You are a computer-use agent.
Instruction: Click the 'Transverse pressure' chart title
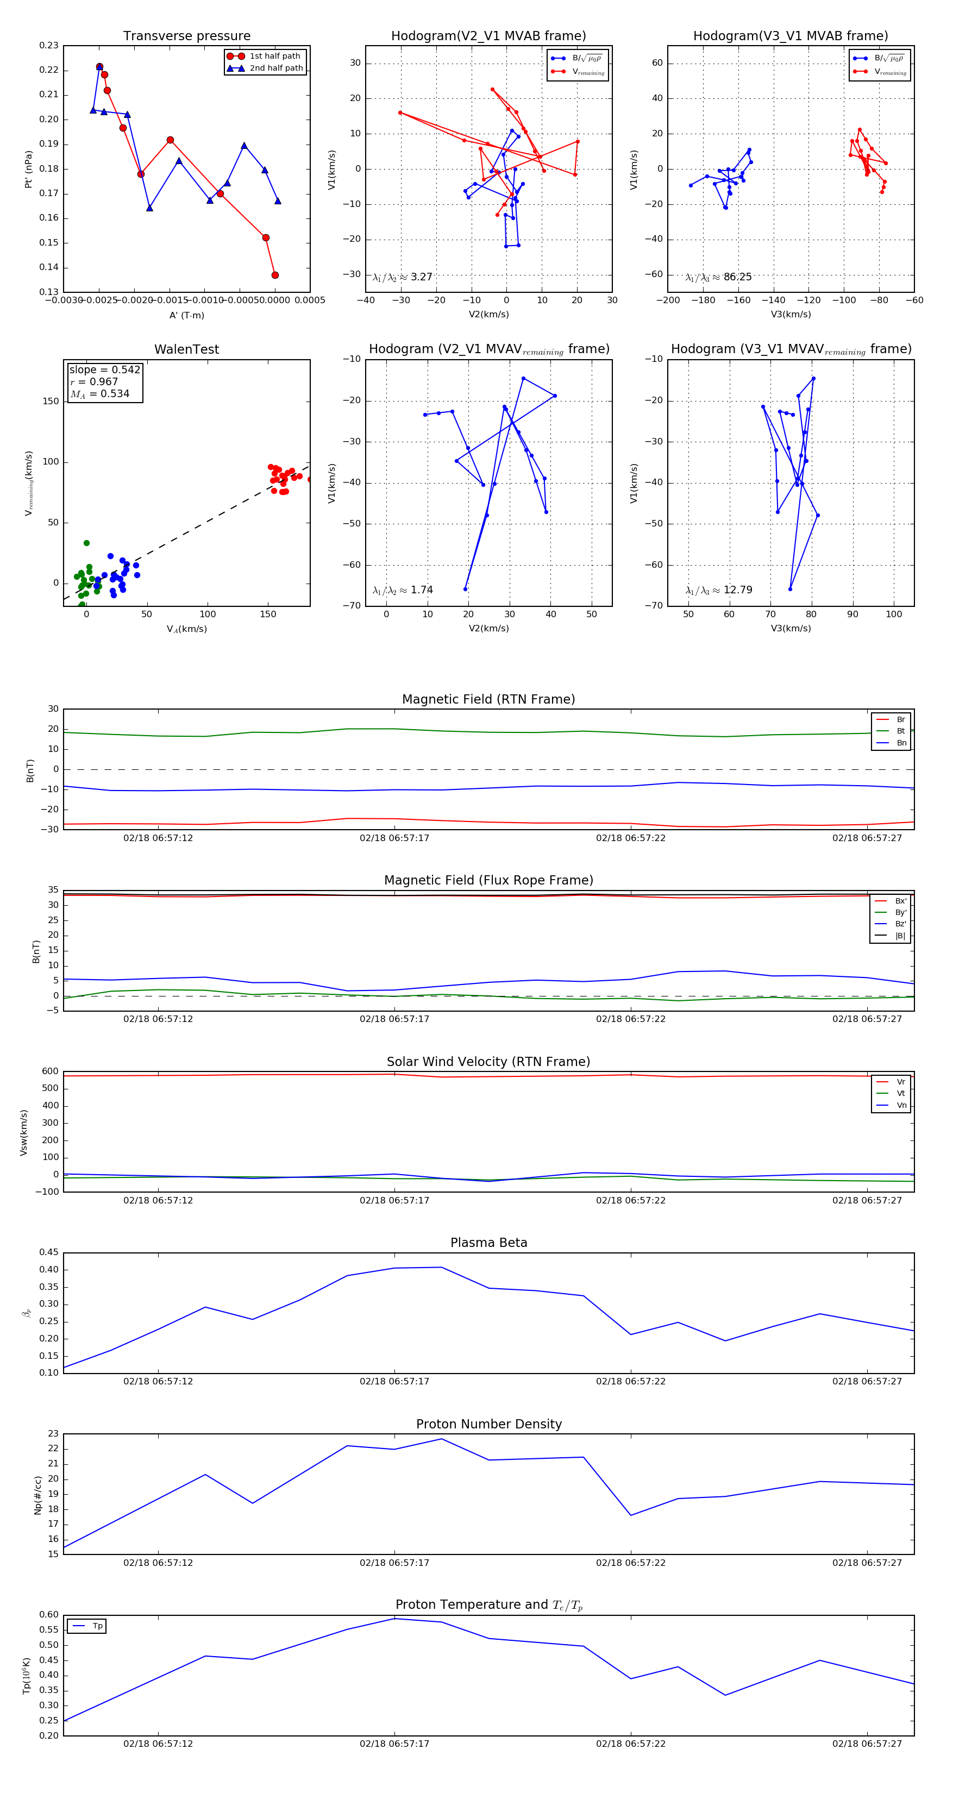point(186,36)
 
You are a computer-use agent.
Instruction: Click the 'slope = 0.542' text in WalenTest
point(104,369)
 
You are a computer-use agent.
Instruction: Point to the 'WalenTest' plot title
point(186,349)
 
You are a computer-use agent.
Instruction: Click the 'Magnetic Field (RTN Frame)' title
point(488,699)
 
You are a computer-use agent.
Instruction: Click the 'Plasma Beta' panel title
point(488,1243)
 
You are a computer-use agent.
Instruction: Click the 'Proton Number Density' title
point(488,1424)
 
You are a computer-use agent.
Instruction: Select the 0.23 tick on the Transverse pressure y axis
point(49,46)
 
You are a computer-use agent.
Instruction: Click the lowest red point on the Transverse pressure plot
point(275,275)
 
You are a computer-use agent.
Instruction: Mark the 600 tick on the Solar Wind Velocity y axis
point(50,1071)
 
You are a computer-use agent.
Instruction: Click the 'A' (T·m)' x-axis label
point(186,315)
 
